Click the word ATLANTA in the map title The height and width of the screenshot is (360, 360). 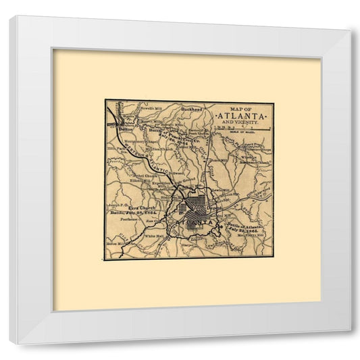point(241,116)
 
